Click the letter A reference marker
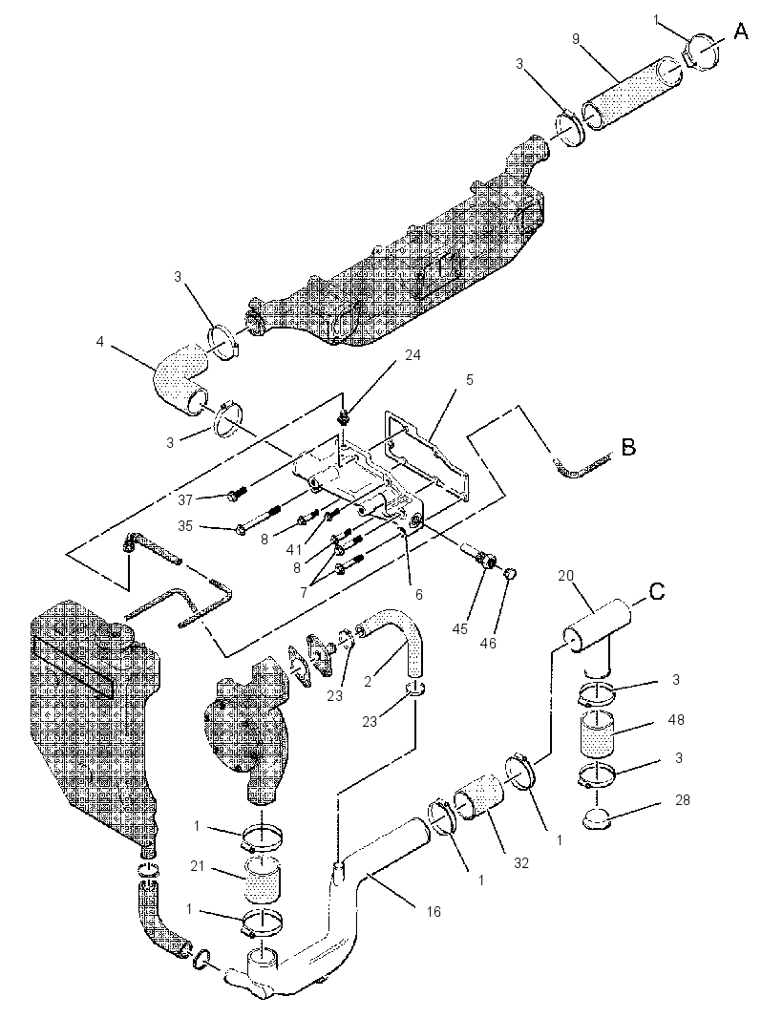[740, 31]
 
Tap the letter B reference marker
[628, 447]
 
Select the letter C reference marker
[657, 592]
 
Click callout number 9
[575, 39]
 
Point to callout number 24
[413, 355]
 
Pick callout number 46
[488, 643]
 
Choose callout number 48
[676, 719]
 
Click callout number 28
[682, 800]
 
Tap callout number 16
[434, 912]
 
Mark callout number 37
[185, 499]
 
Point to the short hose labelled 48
[597, 733]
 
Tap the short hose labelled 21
[262, 878]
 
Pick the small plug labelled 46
[510, 573]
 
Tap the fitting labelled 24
[344, 415]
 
